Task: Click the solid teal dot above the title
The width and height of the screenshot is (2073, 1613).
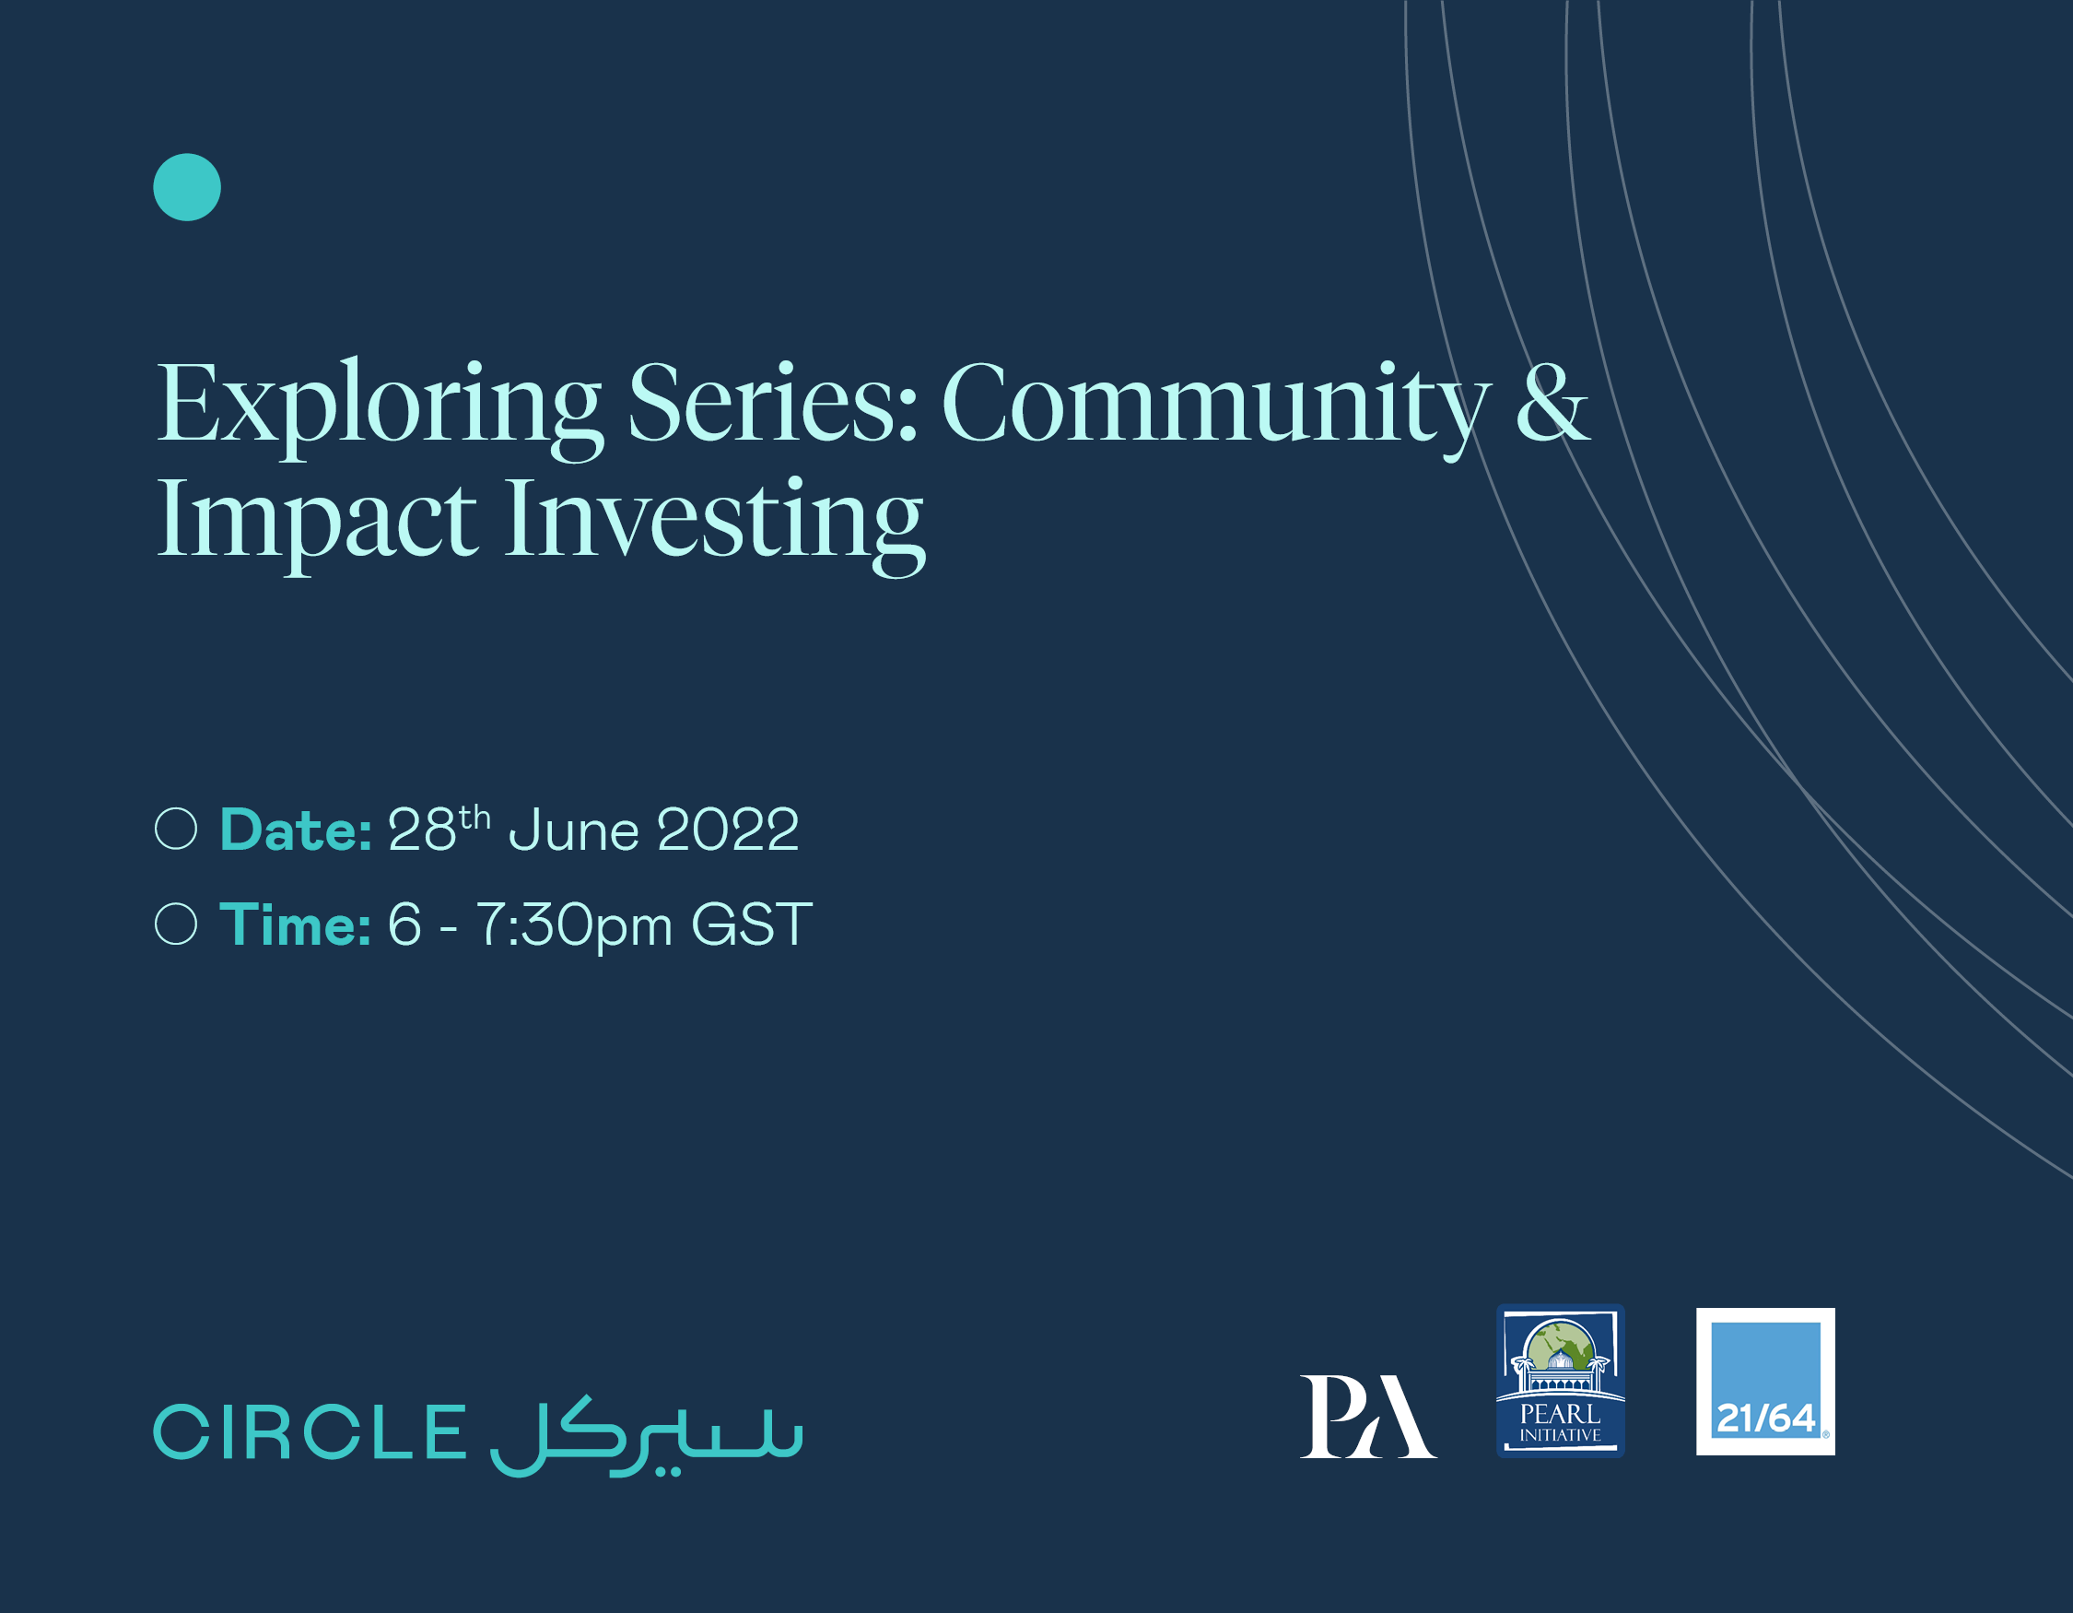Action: tap(187, 187)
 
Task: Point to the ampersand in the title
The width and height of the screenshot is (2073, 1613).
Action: tap(1551, 404)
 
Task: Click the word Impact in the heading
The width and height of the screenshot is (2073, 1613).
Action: tap(316, 523)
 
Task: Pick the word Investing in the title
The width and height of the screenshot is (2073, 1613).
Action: tap(714, 523)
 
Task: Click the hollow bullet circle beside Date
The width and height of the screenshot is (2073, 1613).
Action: tap(176, 829)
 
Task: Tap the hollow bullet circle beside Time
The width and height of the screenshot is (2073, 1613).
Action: tap(176, 924)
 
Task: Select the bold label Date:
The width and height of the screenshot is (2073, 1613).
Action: tap(295, 830)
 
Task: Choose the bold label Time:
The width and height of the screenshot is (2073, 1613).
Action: tap(295, 924)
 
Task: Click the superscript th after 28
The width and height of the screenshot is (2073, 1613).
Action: tap(474, 817)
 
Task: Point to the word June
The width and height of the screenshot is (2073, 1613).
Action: tap(574, 830)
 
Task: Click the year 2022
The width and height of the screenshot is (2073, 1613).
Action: tap(728, 830)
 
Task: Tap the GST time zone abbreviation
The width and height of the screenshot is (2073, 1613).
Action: tap(752, 924)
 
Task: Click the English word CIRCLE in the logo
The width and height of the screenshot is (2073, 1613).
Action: tap(310, 1432)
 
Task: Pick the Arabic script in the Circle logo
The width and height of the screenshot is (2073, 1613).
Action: tap(647, 1435)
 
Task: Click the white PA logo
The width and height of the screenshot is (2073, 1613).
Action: tap(1367, 1417)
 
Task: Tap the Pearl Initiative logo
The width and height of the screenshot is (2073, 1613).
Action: tap(1561, 1381)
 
